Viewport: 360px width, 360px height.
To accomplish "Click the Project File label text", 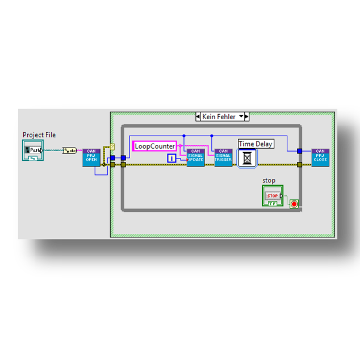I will click(x=39, y=135).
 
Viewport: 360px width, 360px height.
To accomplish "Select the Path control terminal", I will click(x=33, y=150).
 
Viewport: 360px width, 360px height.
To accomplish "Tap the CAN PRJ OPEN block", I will click(x=91, y=157).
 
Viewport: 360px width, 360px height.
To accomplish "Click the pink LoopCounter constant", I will click(x=155, y=146).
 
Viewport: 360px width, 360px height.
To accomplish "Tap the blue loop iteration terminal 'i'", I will click(x=172, y=158).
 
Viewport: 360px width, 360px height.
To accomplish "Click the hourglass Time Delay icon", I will click(x=247, y=158).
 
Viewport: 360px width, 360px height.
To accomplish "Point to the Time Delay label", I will click(x=256, y=144).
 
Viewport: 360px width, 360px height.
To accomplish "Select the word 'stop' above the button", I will click(x=269, y=181).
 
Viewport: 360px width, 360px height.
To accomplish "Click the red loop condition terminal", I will click(x=294, y=204).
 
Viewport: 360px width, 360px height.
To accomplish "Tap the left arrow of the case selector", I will click(x=198, y=116).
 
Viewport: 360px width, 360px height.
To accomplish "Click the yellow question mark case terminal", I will click(x=112, y=147).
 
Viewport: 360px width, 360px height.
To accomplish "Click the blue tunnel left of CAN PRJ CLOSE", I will click(x=299, y=151).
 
